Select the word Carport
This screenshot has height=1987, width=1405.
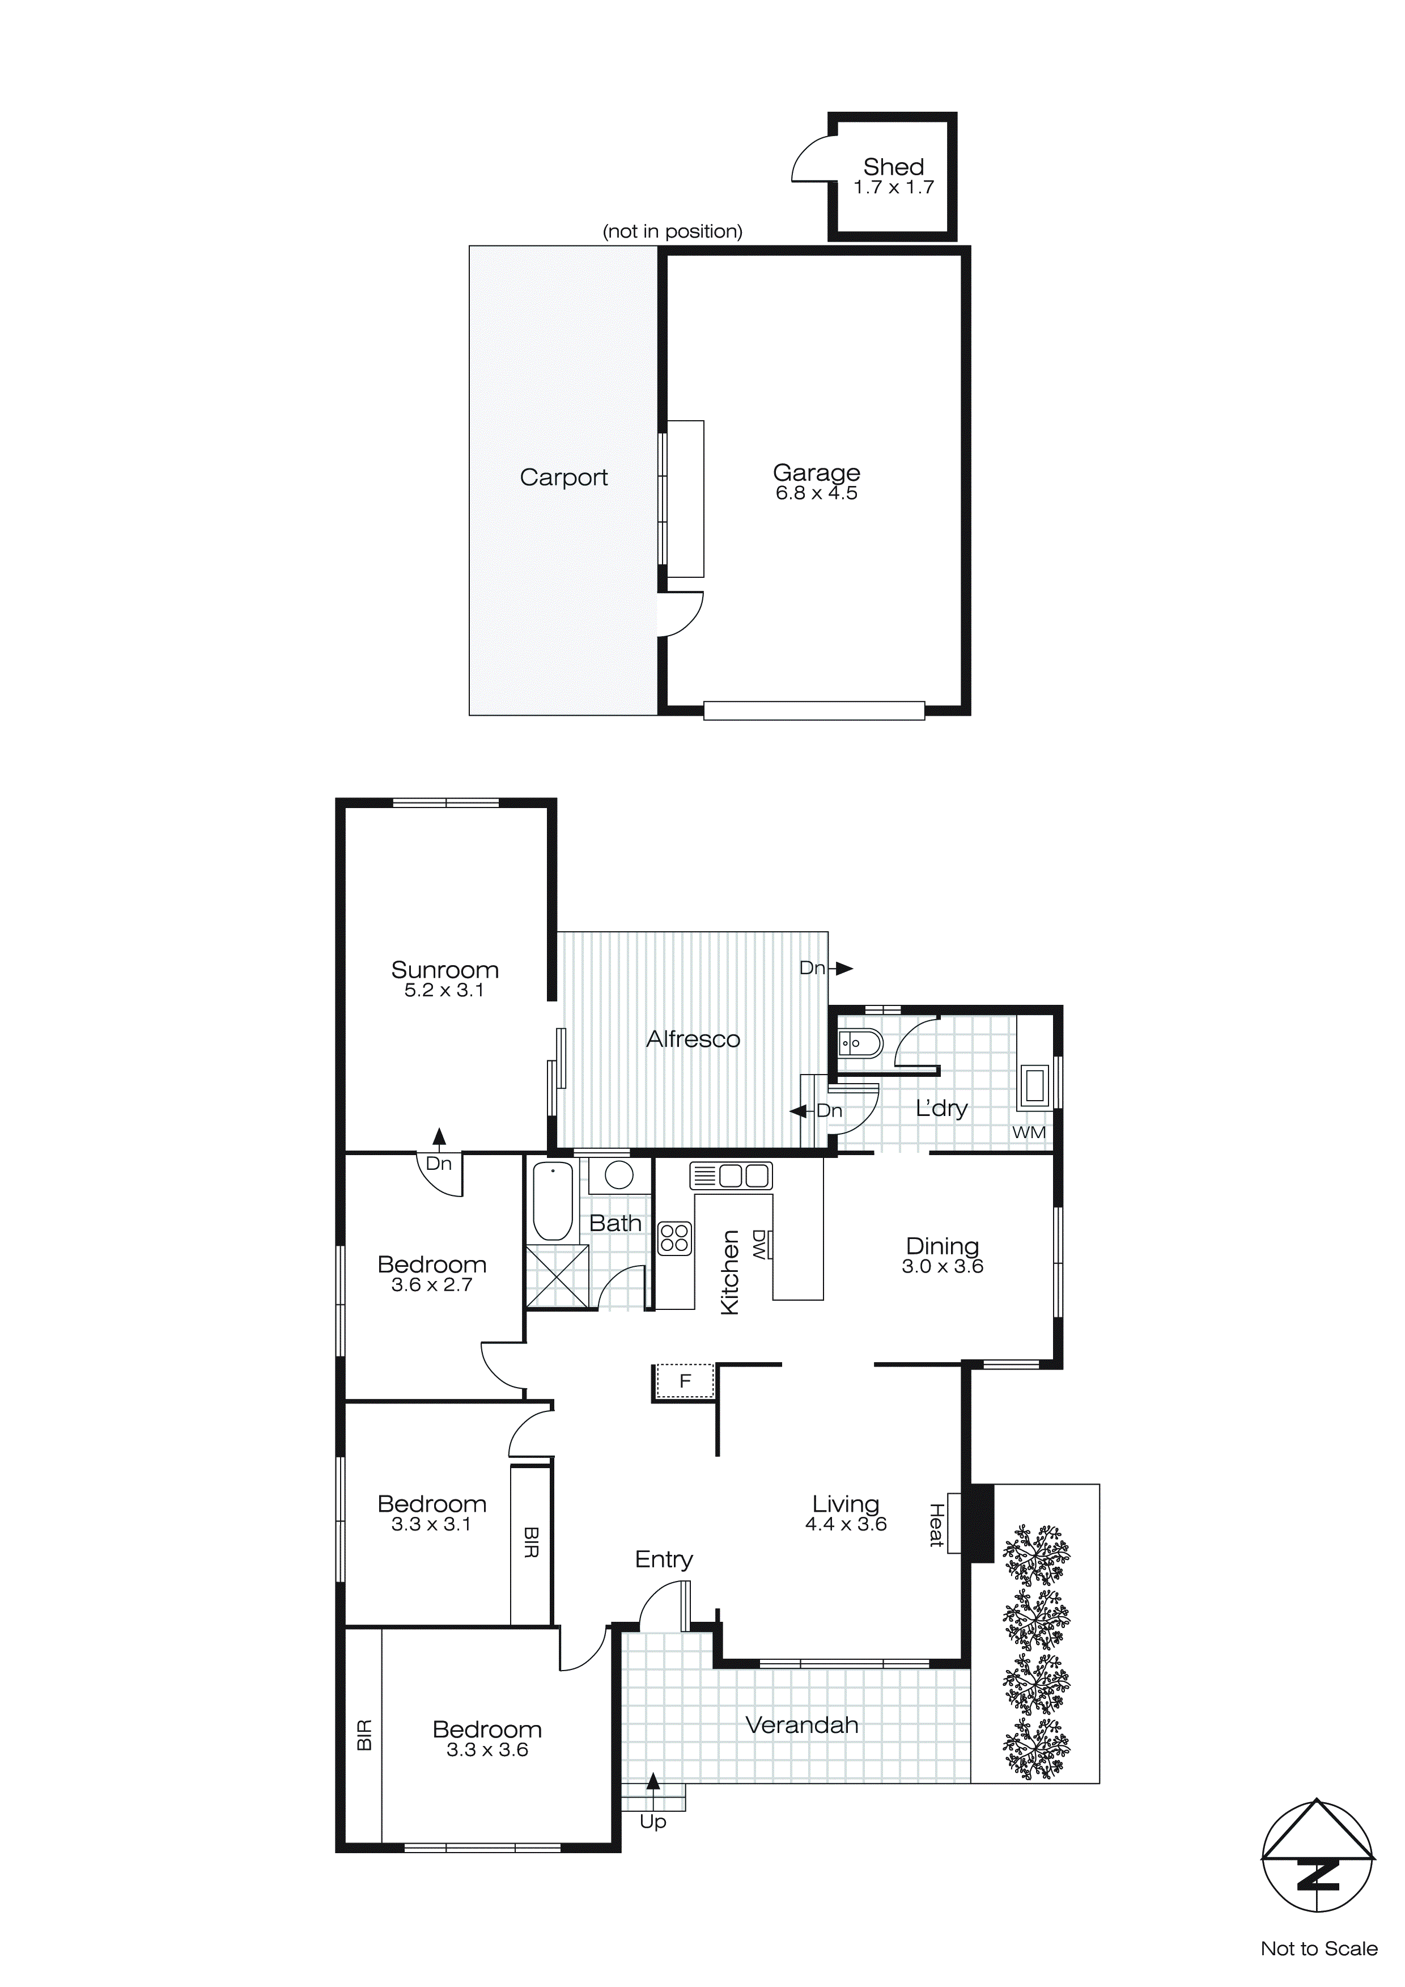pyautogui.click(x=563, y=477)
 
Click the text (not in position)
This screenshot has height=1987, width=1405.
pyautogui.click(x=672, y=231)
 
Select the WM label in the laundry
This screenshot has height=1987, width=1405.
pyautogui.click(x=1029, y=1132)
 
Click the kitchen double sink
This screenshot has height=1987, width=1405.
pyautogui.click(x=731, y=1175)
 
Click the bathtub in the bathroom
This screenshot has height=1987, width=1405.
pyautogui.click(x=552, y=1200)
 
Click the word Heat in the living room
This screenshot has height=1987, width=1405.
pyautogui.click(x=936, y=1525)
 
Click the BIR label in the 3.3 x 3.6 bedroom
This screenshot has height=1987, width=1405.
pyautogui.click(x=364, y=1735)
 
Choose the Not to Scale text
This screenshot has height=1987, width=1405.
pyautogui.click(x=1318, y=1948)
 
